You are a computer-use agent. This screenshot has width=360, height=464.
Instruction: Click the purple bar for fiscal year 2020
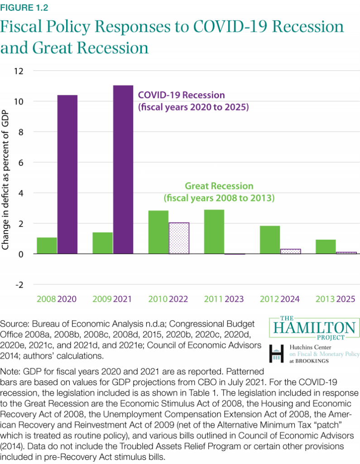tap(67, 174)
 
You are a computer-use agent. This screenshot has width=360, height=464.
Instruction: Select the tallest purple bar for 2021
tap(123, 169)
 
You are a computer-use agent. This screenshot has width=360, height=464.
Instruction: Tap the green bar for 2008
tap(47, 246)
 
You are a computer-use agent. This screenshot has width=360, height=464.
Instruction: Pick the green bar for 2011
tap(214, 232)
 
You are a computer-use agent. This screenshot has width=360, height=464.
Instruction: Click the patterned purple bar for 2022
tap(179, 238)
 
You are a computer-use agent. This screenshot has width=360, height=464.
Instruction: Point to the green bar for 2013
tap(325, 247)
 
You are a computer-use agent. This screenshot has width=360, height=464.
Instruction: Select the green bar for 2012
tap(269, 240)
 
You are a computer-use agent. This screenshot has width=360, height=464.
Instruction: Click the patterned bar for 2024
tap(290, 251)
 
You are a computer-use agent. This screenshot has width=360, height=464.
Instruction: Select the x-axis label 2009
tap(101, 299)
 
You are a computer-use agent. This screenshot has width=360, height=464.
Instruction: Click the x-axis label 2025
tap(346, 299)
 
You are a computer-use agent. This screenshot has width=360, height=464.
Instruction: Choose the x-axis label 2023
tap(234, 299)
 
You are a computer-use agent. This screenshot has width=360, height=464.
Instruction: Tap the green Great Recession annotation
tap(219, 192)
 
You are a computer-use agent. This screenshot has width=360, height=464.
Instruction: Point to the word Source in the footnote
tap(13, 325)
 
